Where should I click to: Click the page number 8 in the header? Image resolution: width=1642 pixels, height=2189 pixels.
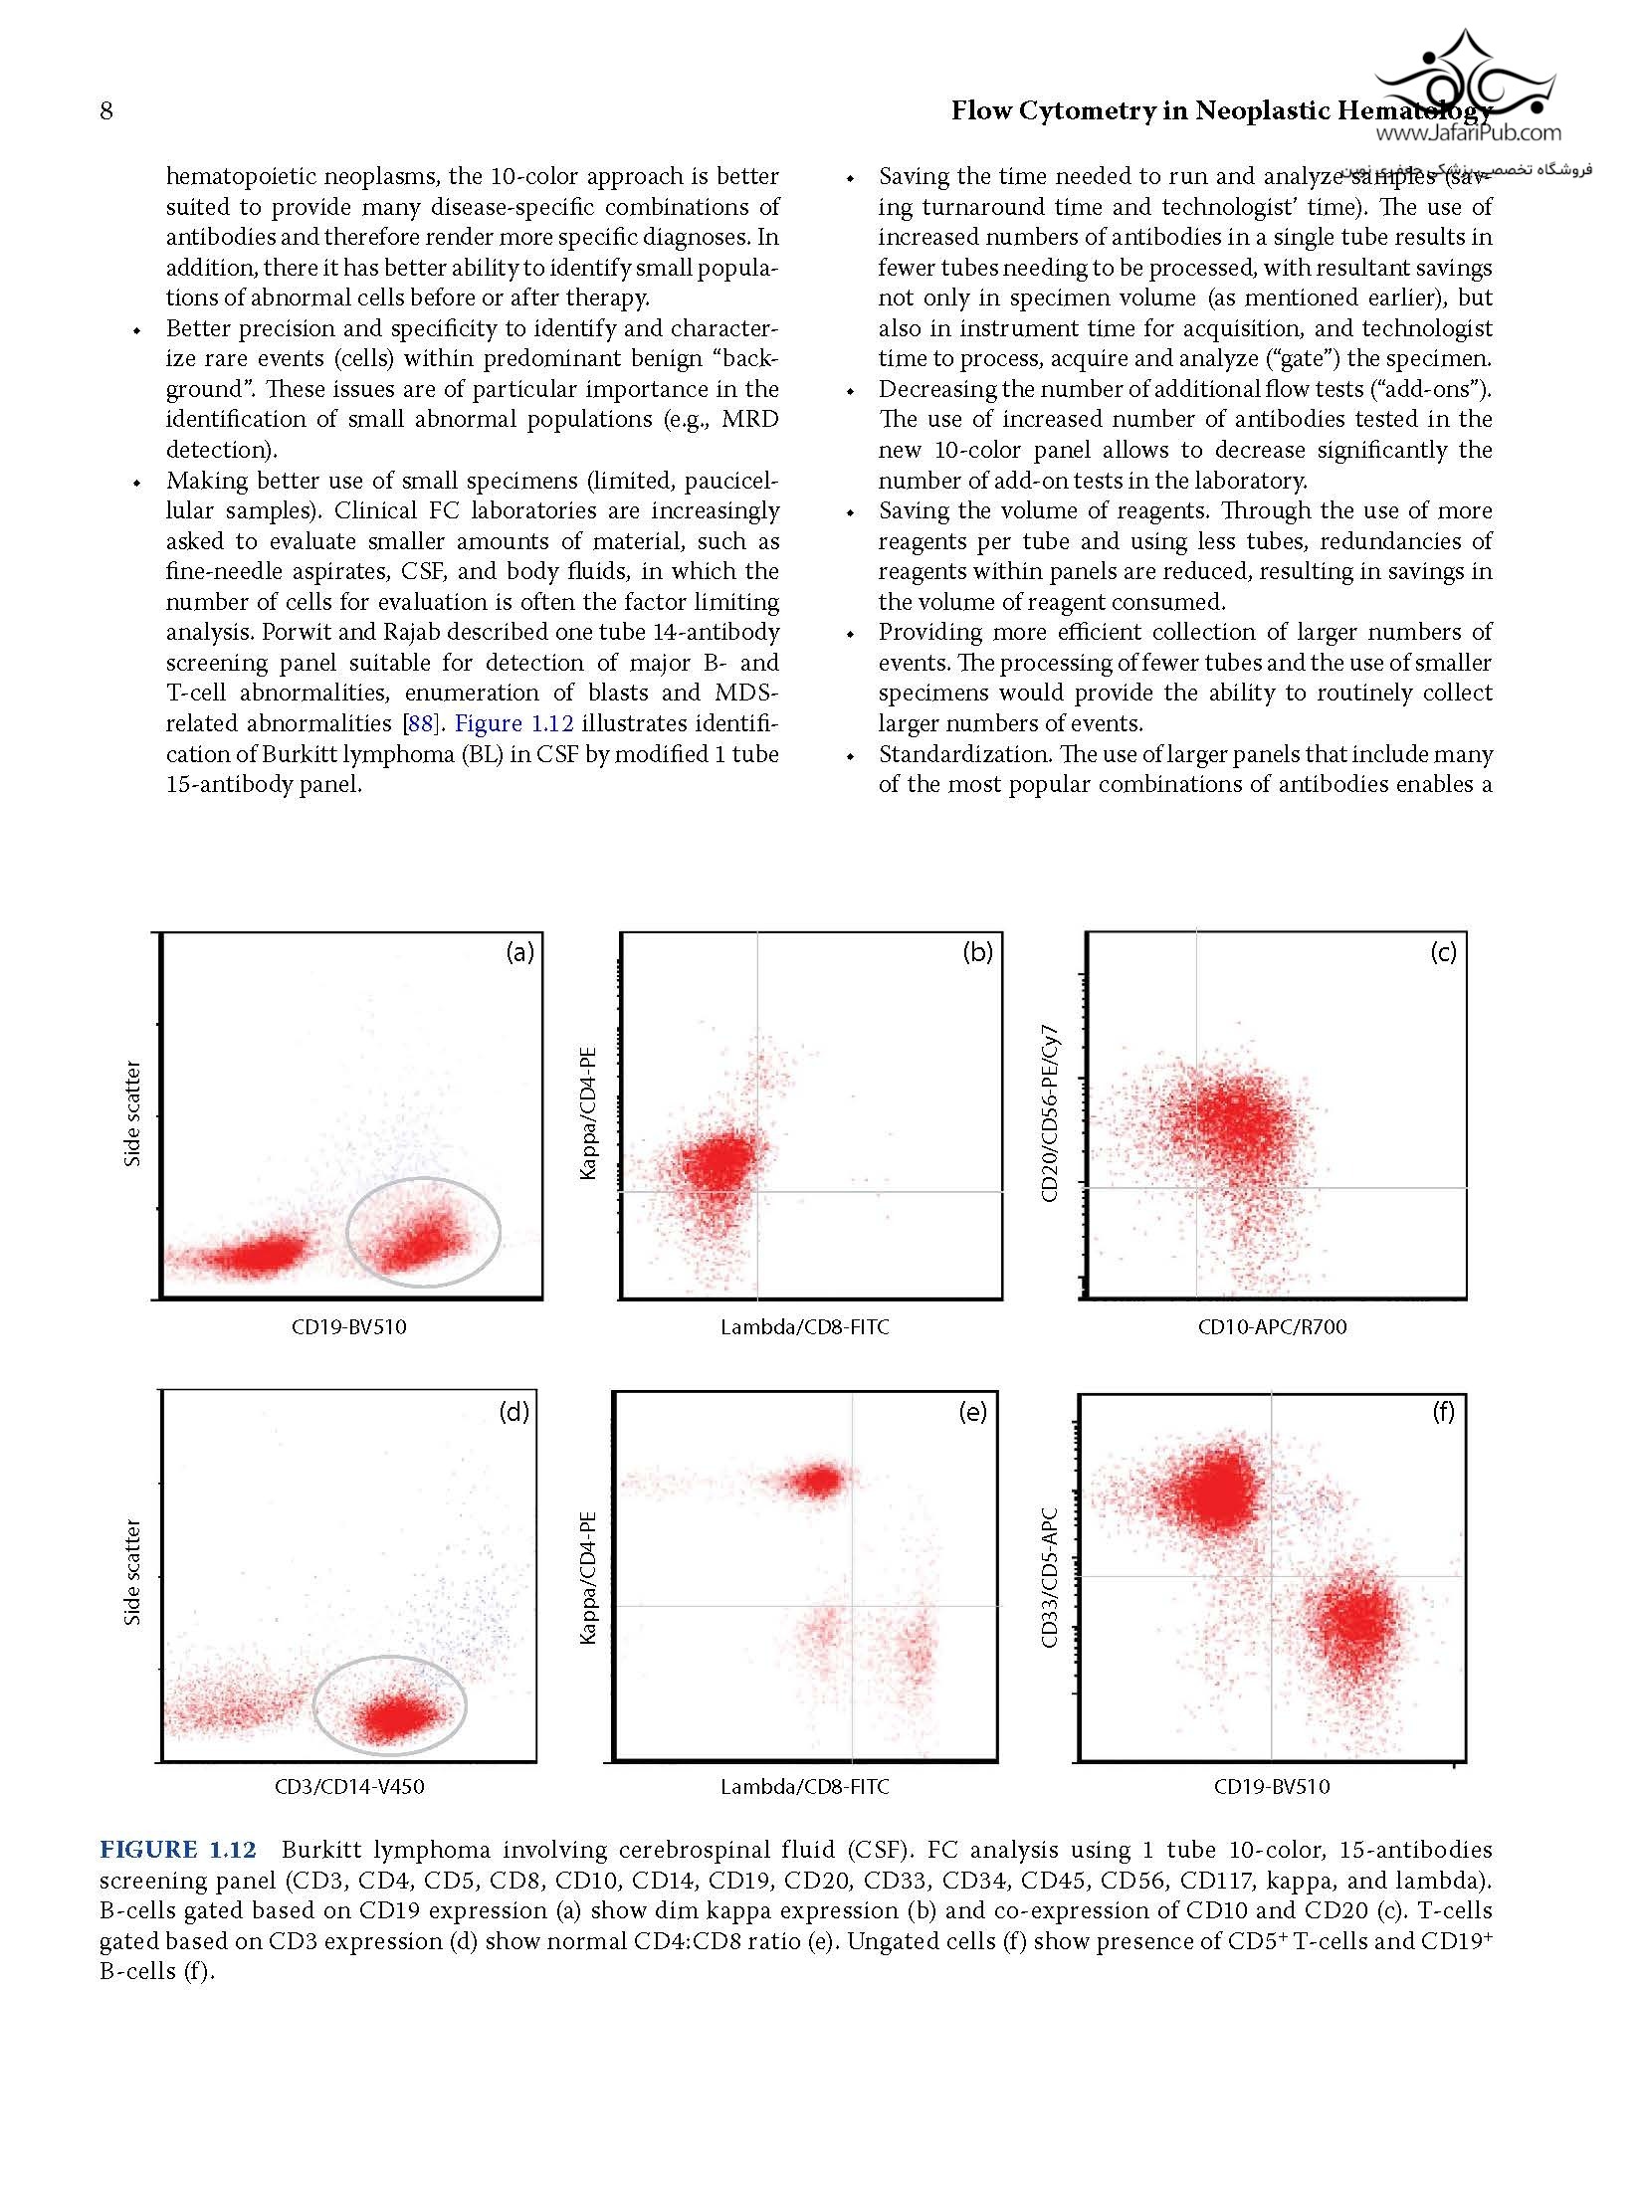[x=106, y=110]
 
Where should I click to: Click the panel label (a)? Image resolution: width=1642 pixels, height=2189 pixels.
[x=519, y=952]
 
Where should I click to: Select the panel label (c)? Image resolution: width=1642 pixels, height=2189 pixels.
[x=1443, y=952]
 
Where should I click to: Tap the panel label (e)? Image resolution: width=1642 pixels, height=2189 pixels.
[x=972, y=1412]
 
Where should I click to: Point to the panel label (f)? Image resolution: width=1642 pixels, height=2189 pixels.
[x=1443, y=1412]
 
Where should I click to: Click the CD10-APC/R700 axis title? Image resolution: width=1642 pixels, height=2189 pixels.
[x=1272, y=1326]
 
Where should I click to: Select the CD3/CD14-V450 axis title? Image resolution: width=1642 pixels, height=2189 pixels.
[x=349, y=1786]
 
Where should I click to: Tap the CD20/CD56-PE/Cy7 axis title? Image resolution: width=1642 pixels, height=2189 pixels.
[x=1049, y=1114]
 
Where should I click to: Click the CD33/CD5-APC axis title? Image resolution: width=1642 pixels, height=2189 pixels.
[x=1049, y=1578]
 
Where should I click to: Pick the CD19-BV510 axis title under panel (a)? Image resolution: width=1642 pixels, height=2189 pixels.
[x=349, y=1326]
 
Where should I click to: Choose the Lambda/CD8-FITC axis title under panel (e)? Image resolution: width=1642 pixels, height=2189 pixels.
[x=804, y=1786]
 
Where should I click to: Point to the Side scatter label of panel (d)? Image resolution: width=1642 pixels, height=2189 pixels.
[x=132, y=1572]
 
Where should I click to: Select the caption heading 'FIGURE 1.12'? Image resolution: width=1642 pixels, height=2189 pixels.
[x=177, y=1850]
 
